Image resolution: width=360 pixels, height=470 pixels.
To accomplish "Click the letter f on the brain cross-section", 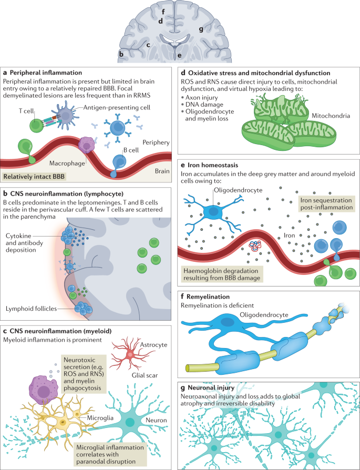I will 164,10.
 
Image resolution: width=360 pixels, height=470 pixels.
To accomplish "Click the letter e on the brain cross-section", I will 179,55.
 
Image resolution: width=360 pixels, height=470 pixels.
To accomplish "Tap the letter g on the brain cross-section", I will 201,30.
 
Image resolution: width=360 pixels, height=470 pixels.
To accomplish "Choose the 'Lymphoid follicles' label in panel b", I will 30,308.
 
